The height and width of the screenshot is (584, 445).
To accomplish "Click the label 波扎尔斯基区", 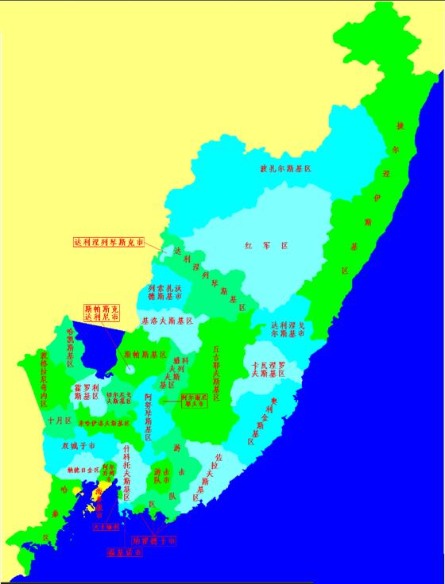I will coord(284,169).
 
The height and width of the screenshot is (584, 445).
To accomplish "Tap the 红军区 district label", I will coord(265,247).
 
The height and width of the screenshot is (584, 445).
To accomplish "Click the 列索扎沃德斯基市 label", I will coord(164,292).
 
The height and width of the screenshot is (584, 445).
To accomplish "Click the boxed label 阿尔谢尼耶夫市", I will coord(193,399).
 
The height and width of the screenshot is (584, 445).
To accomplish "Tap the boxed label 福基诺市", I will coord(125,552).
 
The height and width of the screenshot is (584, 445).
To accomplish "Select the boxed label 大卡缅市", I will coord(106,525).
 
